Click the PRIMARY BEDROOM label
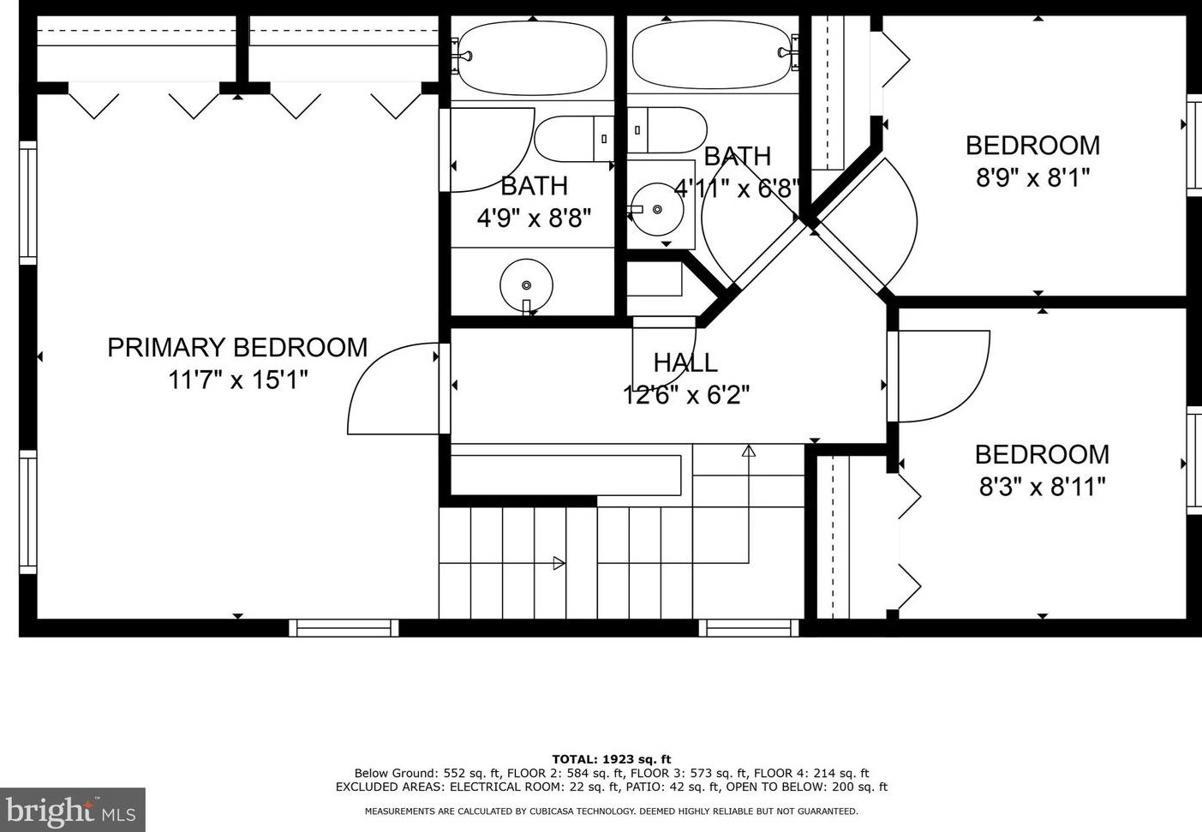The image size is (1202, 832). pos(237,347)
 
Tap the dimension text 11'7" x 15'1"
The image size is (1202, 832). pos(237,380)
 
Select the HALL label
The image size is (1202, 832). pos(685,362)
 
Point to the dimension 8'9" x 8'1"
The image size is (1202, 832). pos(1033,177)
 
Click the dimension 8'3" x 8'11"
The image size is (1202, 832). pos(1042,488)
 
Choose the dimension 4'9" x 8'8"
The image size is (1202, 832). pos(534,218)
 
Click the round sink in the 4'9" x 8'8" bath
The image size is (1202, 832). pos(526,285)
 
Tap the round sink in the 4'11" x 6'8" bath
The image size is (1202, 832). pos(657,209)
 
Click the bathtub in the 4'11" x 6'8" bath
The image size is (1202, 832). pos(712,56)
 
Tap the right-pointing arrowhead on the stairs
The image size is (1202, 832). pos(559,563)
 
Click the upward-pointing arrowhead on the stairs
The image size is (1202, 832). pos(749,451)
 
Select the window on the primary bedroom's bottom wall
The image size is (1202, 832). pos(344,628)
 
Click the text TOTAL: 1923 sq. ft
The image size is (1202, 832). pos(612,759)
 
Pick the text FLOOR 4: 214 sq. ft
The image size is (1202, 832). pos(811,773)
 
